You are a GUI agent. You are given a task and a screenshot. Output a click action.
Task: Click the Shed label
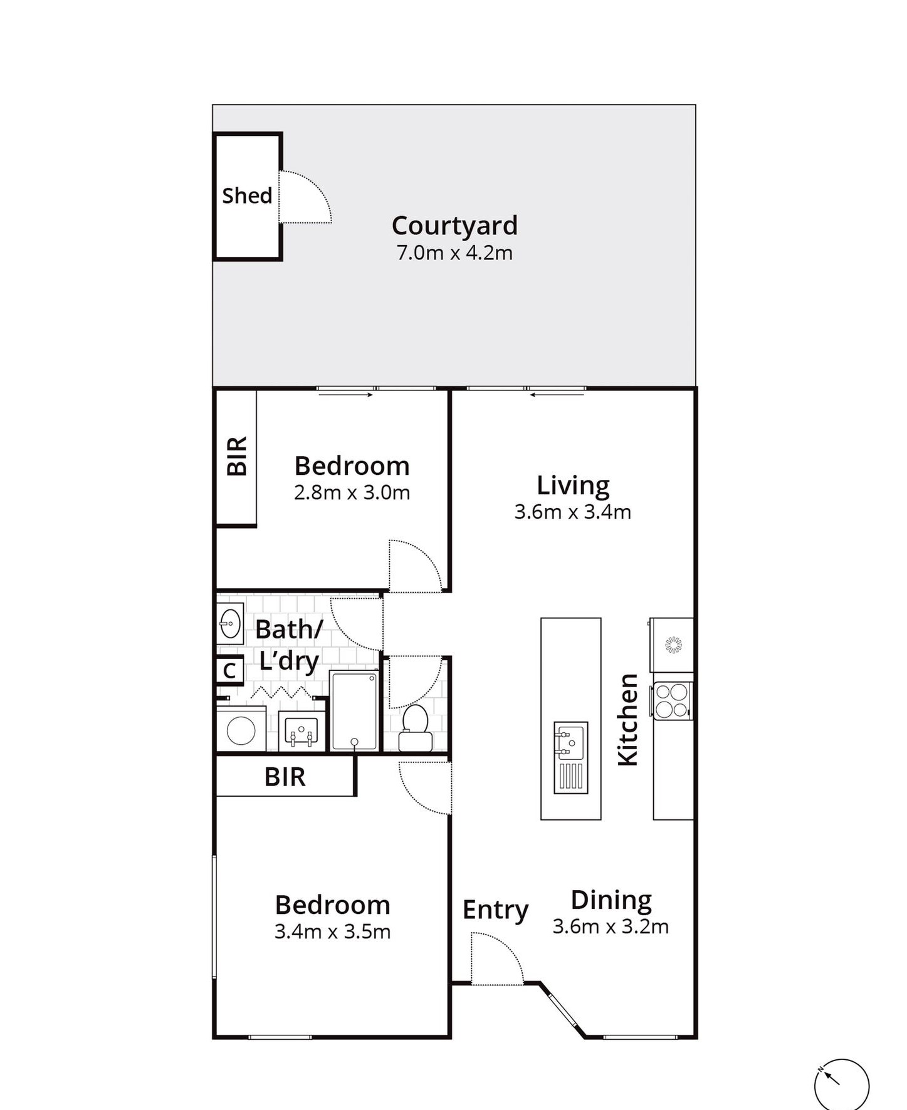pyautogui.click(x=247, y=195)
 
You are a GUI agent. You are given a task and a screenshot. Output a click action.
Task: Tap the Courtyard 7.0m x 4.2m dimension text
pyautogui.click(x=454, y=253)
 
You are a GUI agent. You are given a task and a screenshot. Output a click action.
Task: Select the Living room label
pyautogui.click(x=573, y=485)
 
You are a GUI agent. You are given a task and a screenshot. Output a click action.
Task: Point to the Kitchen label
pyautogui.click(x=627, y=720)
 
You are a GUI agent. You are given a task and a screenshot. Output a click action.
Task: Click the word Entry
pyautogui.click(x=495, y=910)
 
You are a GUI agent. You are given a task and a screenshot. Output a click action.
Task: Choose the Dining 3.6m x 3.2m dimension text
pyautogui.click(x=611, y=926)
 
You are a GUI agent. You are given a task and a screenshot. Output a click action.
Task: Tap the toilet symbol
pyautogui.click(x=415, y=728)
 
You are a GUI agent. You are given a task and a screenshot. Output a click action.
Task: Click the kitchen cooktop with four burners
pyautogui.click(x=673, y=700)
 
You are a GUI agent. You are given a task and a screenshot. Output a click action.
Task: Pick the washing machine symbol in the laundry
pyautogui.click(x=241, y=730)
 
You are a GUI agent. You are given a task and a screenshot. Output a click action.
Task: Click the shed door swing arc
pyautogui.click(x=307, y=195)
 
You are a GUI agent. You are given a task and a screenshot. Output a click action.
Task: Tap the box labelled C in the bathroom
pyautogui.click(x=229, y=671)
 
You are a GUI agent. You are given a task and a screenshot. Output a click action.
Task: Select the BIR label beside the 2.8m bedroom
pyautogui.click(x=237, y=457)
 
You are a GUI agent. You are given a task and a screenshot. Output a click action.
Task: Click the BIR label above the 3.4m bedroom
pyautogui.click(x=285, y=777)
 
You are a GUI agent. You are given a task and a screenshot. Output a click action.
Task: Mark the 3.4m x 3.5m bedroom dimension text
pyautogui.click(x=332, y=932)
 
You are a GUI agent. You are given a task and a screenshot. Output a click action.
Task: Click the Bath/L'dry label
pyautogui.click(x=289, y=645)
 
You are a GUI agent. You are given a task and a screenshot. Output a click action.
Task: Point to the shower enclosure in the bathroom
pyautogui.click(x=354, y=711)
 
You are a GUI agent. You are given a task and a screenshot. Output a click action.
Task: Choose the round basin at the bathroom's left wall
pyautogui.click(x=230, y=624)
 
